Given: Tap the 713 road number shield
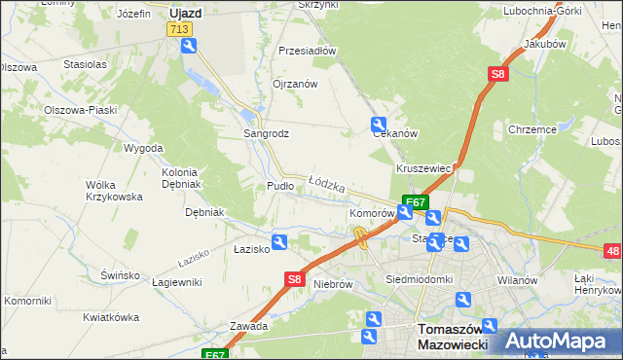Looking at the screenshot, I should pos(178,30).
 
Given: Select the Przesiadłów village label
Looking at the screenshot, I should pos(307,51).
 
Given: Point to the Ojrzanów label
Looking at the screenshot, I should pos(295,85).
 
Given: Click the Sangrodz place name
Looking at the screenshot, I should pos(265,133).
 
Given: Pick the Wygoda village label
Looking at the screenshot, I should pos(143,149).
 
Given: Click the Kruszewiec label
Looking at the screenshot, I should pos(423,168).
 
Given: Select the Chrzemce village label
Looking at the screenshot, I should pos(531,128).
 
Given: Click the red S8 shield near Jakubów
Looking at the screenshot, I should pos(497,74).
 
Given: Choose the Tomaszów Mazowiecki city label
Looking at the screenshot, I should pos(451,337).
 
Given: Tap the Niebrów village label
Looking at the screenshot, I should pos(332,285).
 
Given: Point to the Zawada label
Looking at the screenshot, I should pos(248,326).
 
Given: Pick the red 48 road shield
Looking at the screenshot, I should pos(613,252).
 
